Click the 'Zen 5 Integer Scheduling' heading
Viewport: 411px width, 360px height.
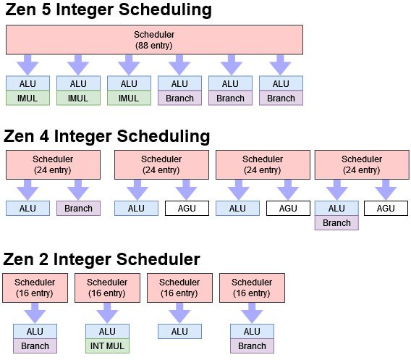tap(108, 10)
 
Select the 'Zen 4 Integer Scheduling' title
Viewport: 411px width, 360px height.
tap(106, 136)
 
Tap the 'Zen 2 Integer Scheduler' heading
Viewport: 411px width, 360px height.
tap(101, 259)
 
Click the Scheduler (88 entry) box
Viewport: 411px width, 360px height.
tap(154, 39)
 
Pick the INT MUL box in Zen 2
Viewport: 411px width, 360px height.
tap(107, 346)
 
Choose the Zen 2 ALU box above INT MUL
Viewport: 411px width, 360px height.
tap(107, 332)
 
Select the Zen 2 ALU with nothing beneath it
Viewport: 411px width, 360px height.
tap(179, 332)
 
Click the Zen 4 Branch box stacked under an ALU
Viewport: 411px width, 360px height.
tap(337, 222)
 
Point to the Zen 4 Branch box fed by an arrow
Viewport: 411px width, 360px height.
tap(78, 209)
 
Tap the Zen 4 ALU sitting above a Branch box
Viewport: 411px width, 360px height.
tap(337, 209)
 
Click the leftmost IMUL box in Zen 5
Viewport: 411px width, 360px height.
tap(28, 98)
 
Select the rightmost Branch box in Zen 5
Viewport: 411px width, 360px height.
tap(281, 98)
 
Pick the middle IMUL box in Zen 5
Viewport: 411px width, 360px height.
tap(79, 98)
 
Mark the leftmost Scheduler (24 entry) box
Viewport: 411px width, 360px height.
tap(53, 164)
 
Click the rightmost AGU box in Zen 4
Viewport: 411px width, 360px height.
tap(386, 209)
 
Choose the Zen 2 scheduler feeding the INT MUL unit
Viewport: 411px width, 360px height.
tap(107, 288)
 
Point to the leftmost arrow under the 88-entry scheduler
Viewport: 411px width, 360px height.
tap(28, 64)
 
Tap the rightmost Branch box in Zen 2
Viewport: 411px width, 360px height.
tap(252, 346)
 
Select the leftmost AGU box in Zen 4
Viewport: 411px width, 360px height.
tap(187, 209)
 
